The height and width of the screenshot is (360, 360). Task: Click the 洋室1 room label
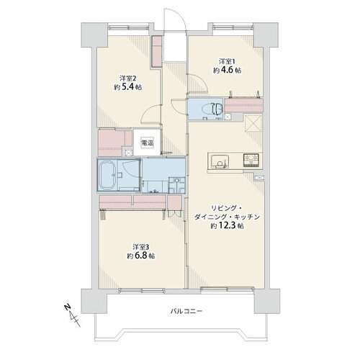(x=227, y=61)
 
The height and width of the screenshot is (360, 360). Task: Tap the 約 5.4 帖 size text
(x=128, y=87)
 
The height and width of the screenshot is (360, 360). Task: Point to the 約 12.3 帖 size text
(x=228, y=225)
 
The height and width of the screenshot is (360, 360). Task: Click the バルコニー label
(x=186, y=311)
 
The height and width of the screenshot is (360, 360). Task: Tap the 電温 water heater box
(x=147, y=143)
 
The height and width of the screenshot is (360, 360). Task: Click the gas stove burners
(x=251, y=161)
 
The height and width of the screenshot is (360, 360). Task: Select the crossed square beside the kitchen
(x=253, y=123)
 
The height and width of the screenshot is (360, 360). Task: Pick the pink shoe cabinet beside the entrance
(x=157, y=51)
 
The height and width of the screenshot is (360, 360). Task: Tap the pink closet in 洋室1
(x=243, y=105)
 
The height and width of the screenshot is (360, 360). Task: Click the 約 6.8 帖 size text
(x=141, y=256)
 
